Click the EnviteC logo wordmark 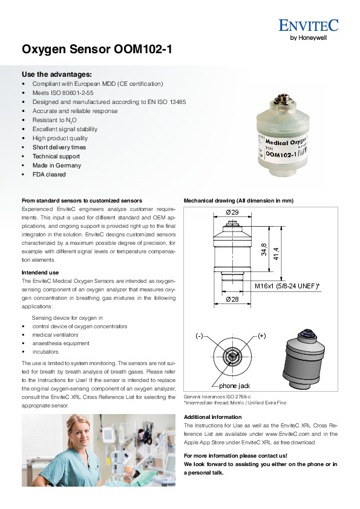point(309,25)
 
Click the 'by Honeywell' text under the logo point(309,37)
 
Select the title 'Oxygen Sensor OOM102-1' point(97,50)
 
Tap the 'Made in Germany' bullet point(56,165)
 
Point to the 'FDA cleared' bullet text point(49,174)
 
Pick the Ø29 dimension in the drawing point(232,212)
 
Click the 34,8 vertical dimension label point(264,249)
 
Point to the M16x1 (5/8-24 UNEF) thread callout point(287,286)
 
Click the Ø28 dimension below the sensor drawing point(232,299)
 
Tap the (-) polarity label point(200,336)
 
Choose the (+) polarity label point(262,336)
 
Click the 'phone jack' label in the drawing point(234,386)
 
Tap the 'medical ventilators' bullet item point(55,335)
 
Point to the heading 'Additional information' point(213,417)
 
